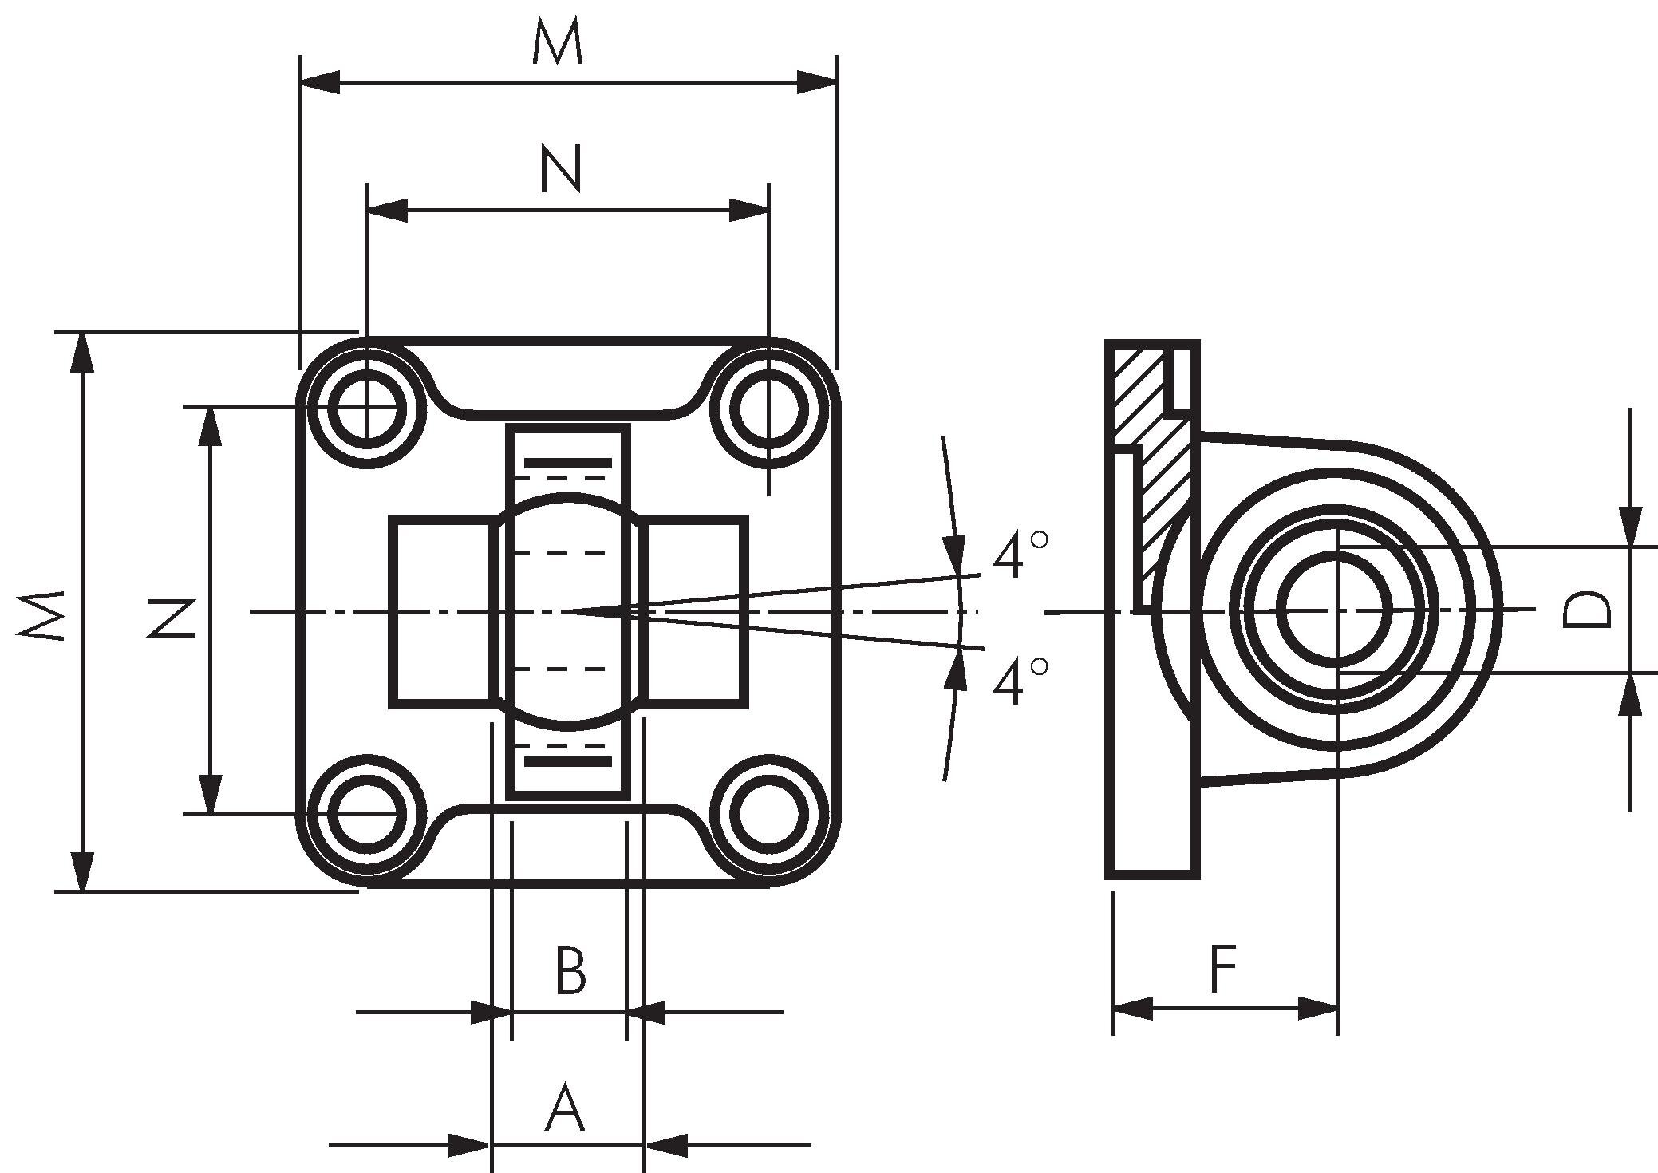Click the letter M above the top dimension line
(x=558, y=43)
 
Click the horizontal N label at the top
(x=561, y=168)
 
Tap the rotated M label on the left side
(x=42, y=615)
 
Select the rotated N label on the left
(x=172, y=618)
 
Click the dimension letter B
(x=570, y=971)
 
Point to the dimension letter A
(x=564, y=1108)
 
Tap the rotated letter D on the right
(x=1586, y=610)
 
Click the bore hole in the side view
(x=1336, y=610)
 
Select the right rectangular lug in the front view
(x=696, y=611)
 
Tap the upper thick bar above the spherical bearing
(x=568, y=463)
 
